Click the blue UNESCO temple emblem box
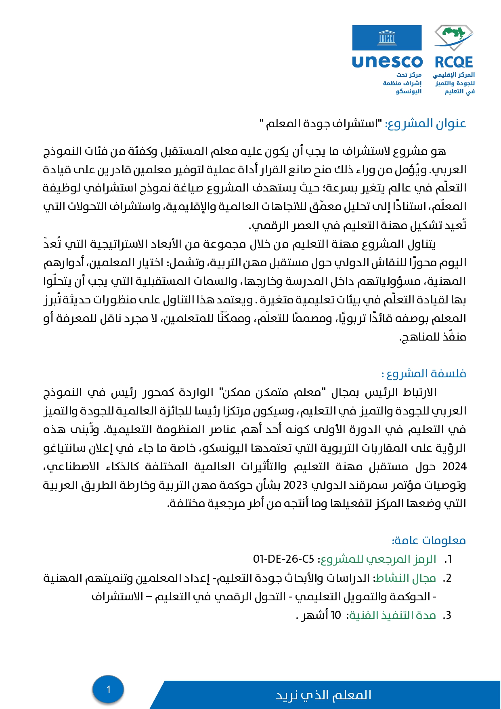pyautogui.click(x=387, y=38)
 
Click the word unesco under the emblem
pyautogui.click(x=387, y=62)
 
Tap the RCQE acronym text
pyautogui.click(x=454, y=62)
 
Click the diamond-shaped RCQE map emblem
pyautogui.click(x=454, y=38)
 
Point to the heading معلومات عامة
pyautogui.click(x=429, y=540)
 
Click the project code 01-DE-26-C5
pyautogui.click(x=283, y=559)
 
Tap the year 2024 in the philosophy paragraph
pyautogui.click(x=454, y=467)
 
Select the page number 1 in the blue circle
pyautogui.click(x=108, y=689)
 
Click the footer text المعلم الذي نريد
pyautogui.click(x=323, y=695)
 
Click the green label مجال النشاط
pyautogui.click(x=406, y=578)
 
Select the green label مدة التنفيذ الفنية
pyautogui.click(x=392, y=615)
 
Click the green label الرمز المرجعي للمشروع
pyautogui.click(x=378, y=559)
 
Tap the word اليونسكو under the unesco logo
pyautogui.click(x=409, y=91)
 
